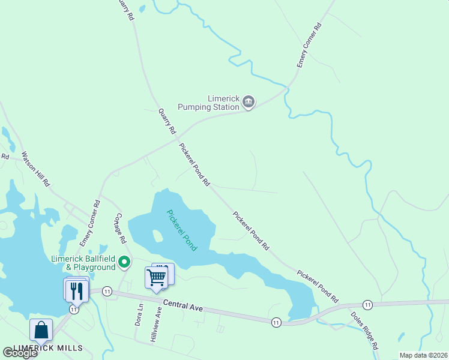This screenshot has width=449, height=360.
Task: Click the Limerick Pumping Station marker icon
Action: [x=249, y=103]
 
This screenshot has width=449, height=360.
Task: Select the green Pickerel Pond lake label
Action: [x=181, y=230]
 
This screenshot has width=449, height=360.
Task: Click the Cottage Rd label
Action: [x=119, y=227]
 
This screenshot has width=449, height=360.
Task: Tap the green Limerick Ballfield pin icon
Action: [x=124, y=262]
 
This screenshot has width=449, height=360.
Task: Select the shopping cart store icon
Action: [x=155, y=278]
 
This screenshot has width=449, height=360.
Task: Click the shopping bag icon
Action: [x=41, y=331]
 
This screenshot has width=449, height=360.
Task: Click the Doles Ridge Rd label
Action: [x=364, y=331]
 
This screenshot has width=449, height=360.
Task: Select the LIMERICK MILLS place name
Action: [x=47, y=349]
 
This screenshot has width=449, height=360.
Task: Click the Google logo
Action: [x=20, y=352]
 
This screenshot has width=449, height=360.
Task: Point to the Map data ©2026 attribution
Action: [x=423, y=355]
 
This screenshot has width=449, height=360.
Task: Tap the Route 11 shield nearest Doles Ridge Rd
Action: [x=367, y=305]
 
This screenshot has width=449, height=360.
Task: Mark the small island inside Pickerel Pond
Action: [x=158, y=235]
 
